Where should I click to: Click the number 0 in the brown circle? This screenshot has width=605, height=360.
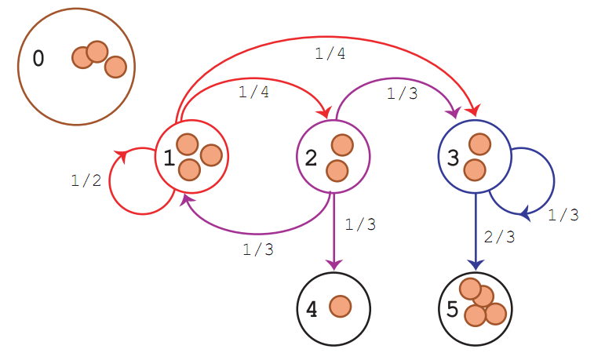point(38,59)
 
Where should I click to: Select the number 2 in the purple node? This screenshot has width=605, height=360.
point(311,158)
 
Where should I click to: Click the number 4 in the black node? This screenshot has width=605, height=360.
point(312,310)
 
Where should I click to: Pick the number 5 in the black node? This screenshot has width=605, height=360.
point(452,309)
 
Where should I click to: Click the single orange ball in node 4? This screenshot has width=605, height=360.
point(340,307)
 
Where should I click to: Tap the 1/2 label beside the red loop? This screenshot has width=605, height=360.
point(86,180)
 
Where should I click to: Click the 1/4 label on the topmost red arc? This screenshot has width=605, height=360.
point(330,53)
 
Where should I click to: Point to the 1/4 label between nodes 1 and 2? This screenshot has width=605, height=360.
point(253,92)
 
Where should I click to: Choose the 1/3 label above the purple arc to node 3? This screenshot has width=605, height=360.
point(403,93)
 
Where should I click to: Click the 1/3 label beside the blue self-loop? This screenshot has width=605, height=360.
point(563,214)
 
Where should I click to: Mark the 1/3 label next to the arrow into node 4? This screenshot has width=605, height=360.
point(360,224)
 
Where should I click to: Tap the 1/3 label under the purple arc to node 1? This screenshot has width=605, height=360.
point(258,250)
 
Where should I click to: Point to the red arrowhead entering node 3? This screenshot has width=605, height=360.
point(476,111)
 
